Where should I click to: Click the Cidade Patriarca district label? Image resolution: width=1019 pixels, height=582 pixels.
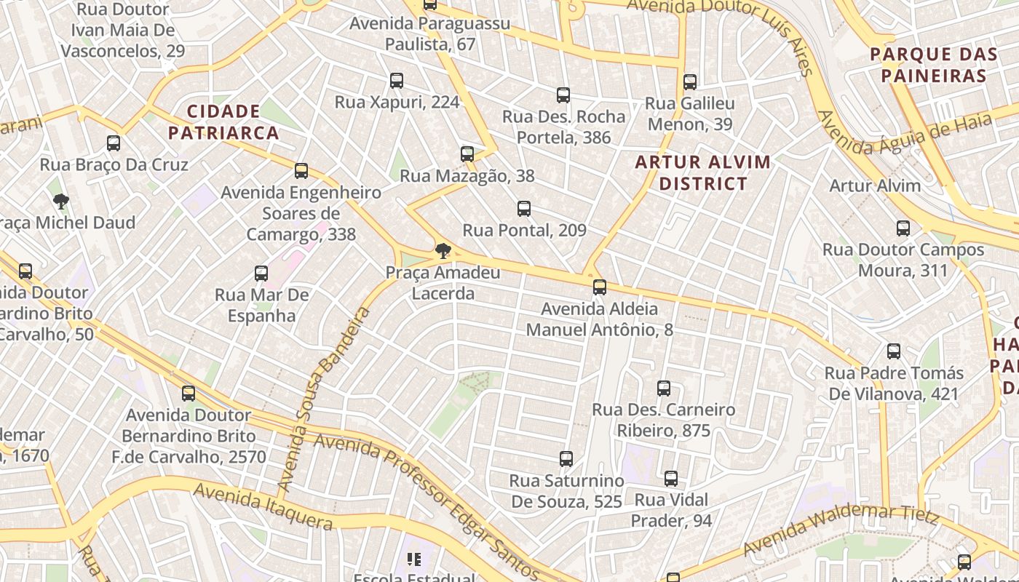click(223, 122)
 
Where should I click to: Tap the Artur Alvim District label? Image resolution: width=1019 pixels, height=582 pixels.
click(703, 172)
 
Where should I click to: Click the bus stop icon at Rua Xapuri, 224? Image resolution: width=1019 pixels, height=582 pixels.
click(397, 81)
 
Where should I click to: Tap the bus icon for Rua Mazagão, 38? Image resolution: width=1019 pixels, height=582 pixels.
click(467, 154)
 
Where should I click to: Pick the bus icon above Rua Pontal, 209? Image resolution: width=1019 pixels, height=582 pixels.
click(524, 210)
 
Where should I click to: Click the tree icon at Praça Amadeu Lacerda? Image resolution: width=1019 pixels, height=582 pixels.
click(443, 252)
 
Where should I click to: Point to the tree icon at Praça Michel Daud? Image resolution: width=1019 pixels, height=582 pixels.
click(61, 202)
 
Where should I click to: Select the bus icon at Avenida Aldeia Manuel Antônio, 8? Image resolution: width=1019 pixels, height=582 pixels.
click(600, 287)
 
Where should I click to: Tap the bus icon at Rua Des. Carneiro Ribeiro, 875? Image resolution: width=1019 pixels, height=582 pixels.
click(664, 388)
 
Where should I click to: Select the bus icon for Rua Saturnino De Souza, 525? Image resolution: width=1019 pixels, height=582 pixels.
click(566, 459)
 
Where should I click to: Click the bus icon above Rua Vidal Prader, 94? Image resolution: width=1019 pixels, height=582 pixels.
click(671, 479)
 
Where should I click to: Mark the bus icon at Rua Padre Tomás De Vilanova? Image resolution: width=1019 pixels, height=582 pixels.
click(894, 352)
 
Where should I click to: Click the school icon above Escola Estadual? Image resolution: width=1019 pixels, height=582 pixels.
click(414, 559)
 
